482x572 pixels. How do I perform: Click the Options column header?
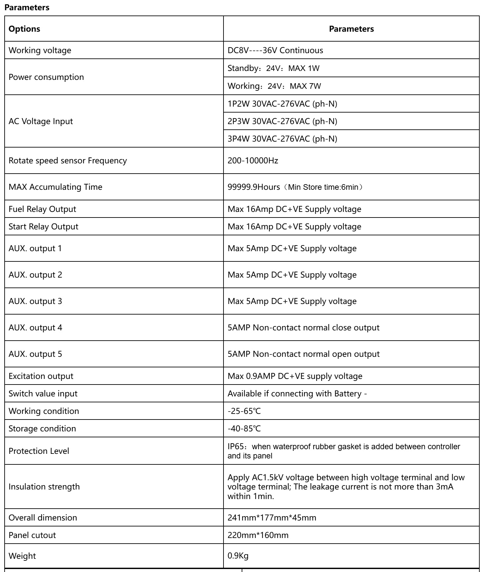tap(24, 29)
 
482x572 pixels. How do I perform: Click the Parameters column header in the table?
tap(351, 29)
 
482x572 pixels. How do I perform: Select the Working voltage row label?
tap(40, 50)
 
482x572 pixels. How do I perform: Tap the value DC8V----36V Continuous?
tap(275, 50)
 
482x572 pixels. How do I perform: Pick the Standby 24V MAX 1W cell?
tap(273, 68)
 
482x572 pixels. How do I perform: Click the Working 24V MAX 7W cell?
tap(274, 86)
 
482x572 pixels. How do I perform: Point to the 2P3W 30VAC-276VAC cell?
tap(282, 121)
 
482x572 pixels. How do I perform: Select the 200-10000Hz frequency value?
tap(253, 161)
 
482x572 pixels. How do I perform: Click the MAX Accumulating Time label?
tap(55, 187)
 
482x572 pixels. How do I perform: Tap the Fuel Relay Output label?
tap(42, 209)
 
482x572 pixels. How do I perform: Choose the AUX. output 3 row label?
tap(35, 301)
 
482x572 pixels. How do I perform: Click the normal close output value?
tap(303, 328)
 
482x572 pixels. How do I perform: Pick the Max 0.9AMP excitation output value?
tap(295, 376)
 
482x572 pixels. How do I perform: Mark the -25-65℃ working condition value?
tap(244, 411)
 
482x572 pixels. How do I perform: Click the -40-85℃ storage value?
tap(244, 429)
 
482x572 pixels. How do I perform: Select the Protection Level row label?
tap(39, 451)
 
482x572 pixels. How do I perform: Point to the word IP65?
tap(235, 447)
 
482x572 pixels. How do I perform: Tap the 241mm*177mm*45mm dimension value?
tap(272, 518)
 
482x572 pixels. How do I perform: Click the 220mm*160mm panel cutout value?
tap(258, 535)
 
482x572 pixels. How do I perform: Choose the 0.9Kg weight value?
tap(238, 556)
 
